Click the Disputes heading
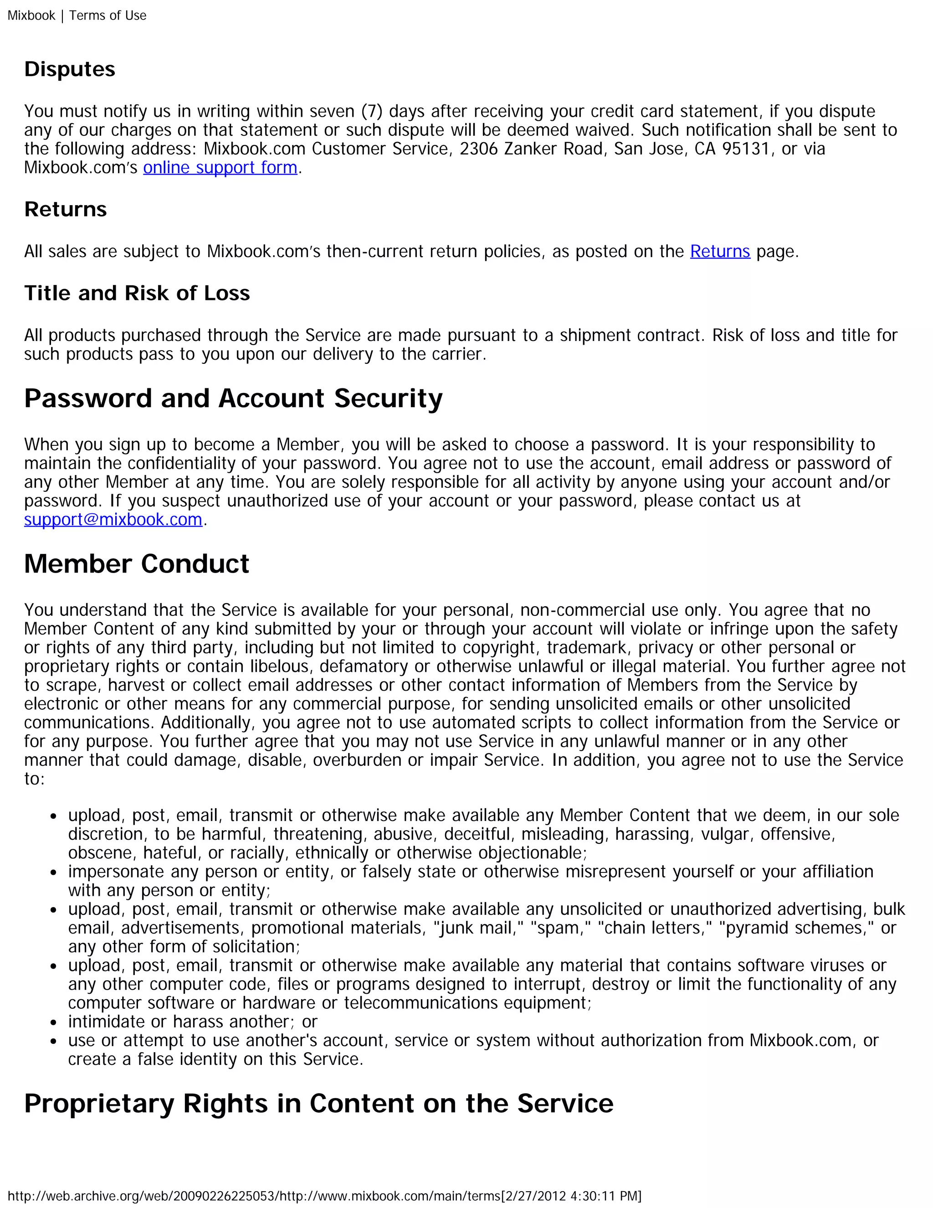[70, 70]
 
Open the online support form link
[220, 168]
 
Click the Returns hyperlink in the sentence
[720, 252]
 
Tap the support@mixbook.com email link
[113, 520]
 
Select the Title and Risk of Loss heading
[137, 293]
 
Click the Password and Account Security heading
[233, 399]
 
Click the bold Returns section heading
[65, 210]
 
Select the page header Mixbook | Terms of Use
[77, 15]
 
